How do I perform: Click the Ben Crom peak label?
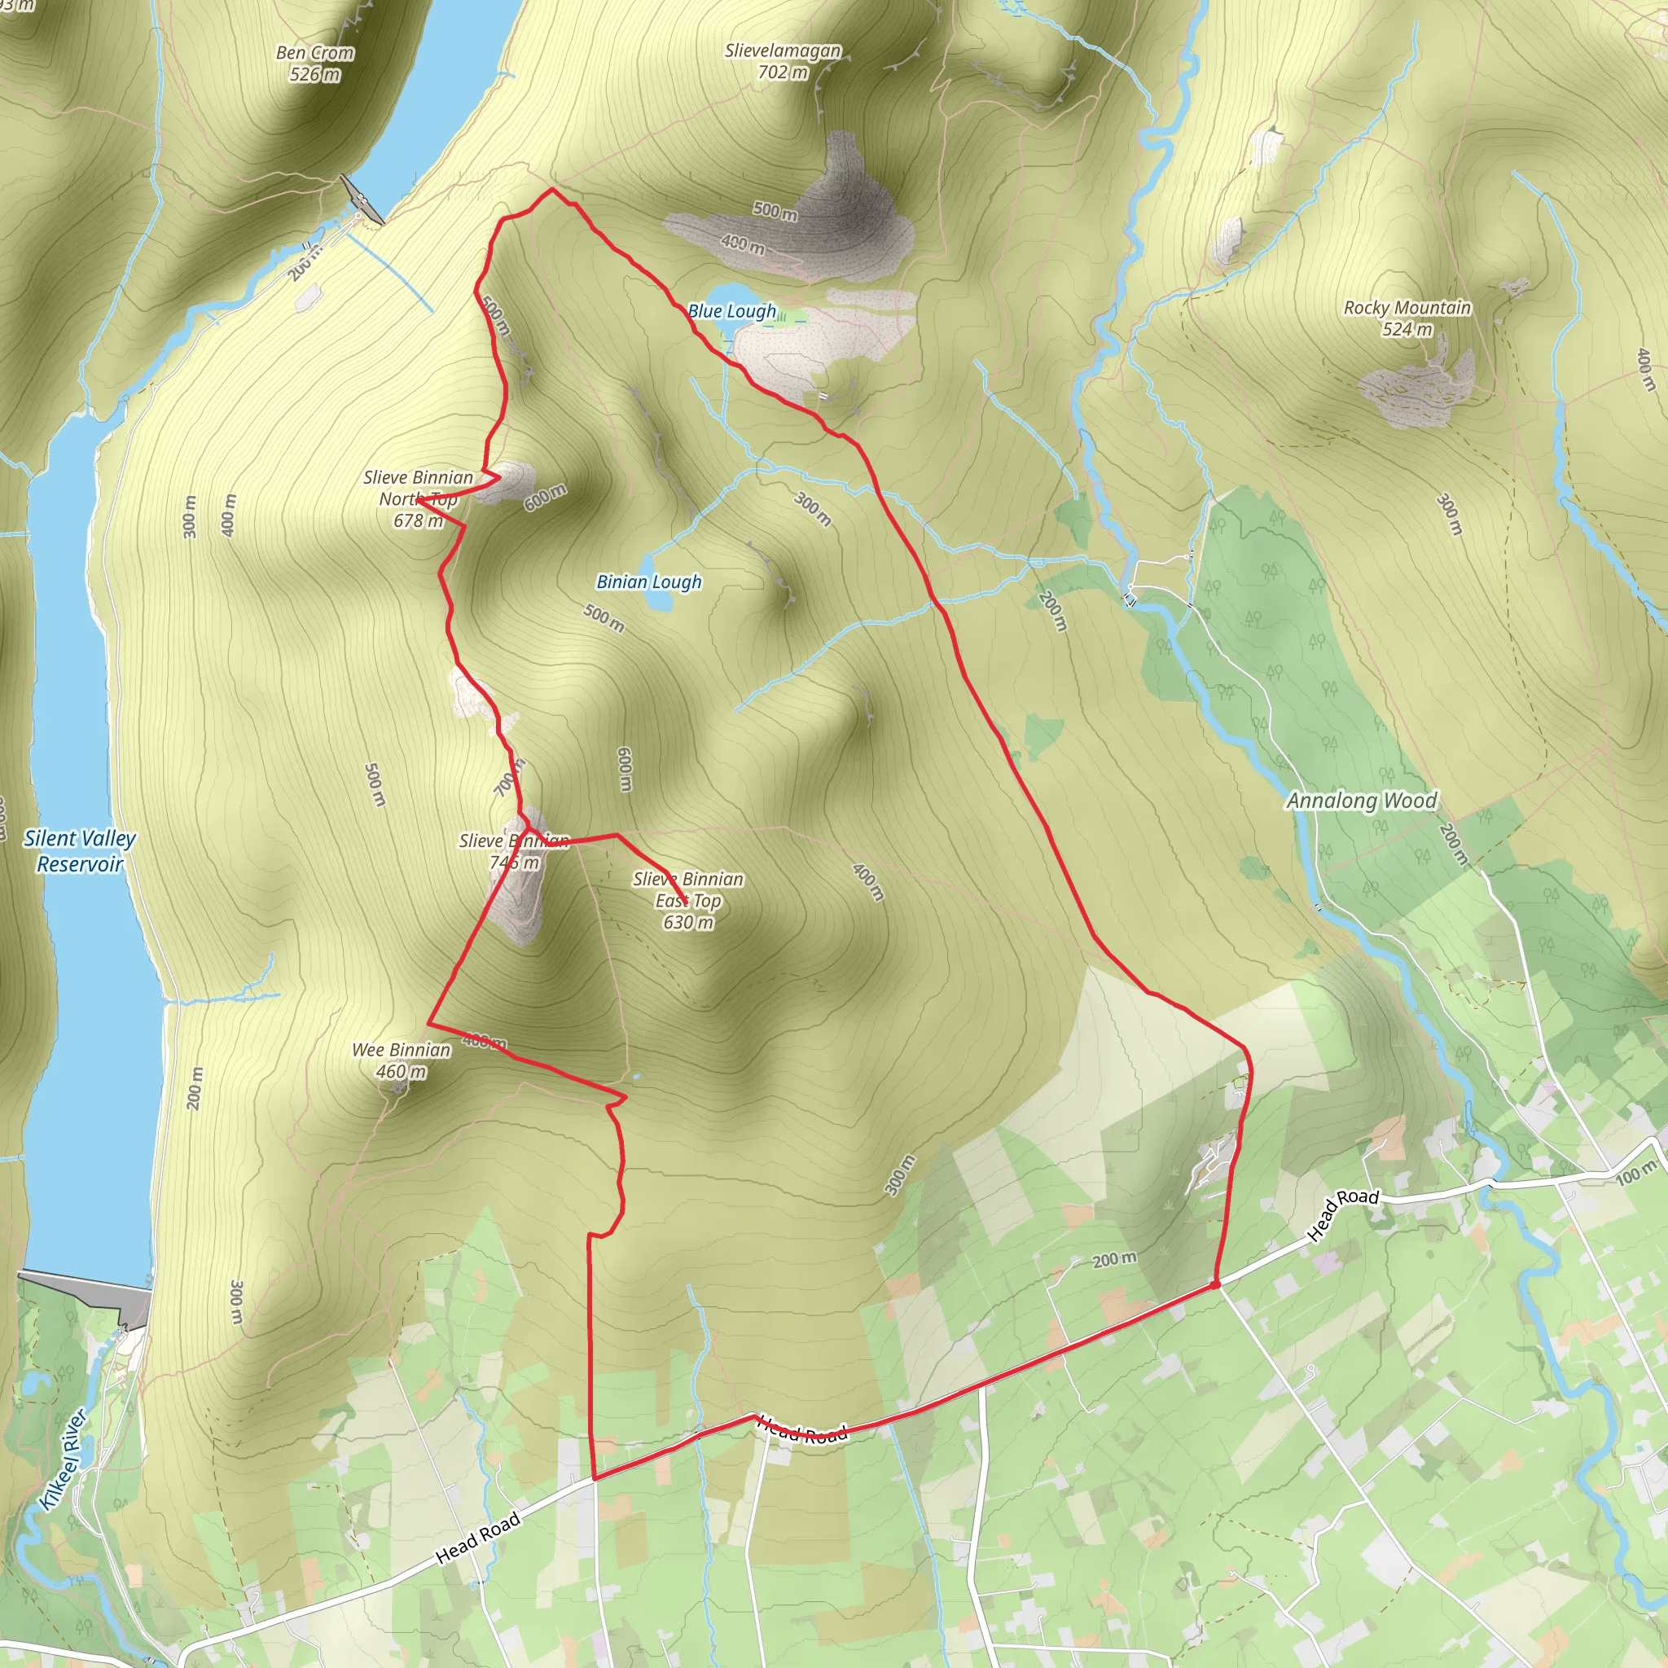click(315, 64)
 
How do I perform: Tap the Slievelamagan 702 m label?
click(783, 61)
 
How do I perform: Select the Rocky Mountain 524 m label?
click(1407, 318)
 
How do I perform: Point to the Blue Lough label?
click(732, 311)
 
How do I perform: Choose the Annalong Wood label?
click(1362, 801)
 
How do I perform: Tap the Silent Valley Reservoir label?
click(80, 850)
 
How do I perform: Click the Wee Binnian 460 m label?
click(402, 1060)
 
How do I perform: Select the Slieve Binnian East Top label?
click(688, 901)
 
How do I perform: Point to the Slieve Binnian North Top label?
click(419, 498)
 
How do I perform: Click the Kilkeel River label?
click(63, 1459)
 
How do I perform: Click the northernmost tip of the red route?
click(551, 189)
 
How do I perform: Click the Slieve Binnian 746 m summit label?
click(515, 851)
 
